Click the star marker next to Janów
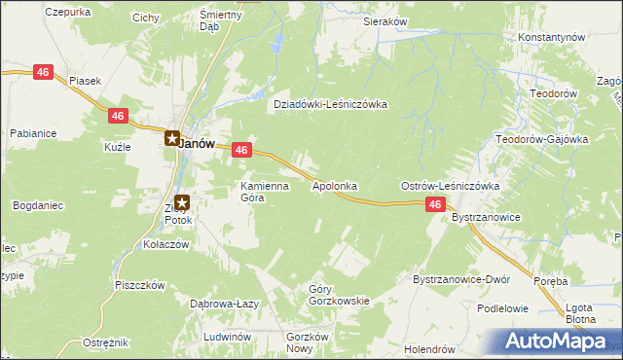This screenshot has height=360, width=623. point(171,139)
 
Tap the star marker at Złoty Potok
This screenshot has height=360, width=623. point(182,202)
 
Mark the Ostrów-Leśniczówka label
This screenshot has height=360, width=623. point(450,185)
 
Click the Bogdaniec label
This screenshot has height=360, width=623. point(39,205)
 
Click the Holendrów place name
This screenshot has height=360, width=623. point(430,348)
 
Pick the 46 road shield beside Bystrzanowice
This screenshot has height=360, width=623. point(435,204)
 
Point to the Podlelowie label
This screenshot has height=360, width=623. point(502,308)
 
